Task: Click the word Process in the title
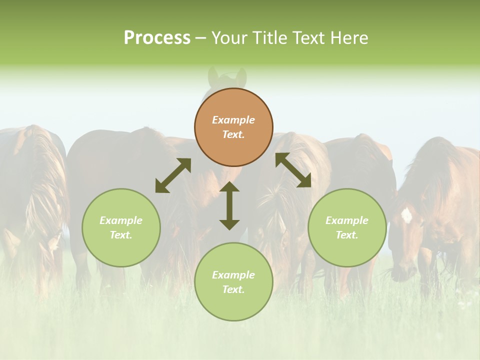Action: (157, 38)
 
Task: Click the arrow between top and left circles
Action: (173, 175)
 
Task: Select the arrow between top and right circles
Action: (293, 170)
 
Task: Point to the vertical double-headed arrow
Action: (229, 205)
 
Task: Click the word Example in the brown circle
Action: (233, 120)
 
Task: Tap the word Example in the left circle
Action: (121, 220)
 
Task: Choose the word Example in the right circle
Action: (347, 220)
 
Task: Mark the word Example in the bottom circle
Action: (233, 275)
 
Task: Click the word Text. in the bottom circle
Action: (233, 289)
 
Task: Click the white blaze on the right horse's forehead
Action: (406, 215)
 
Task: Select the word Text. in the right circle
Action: (347, 235)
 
